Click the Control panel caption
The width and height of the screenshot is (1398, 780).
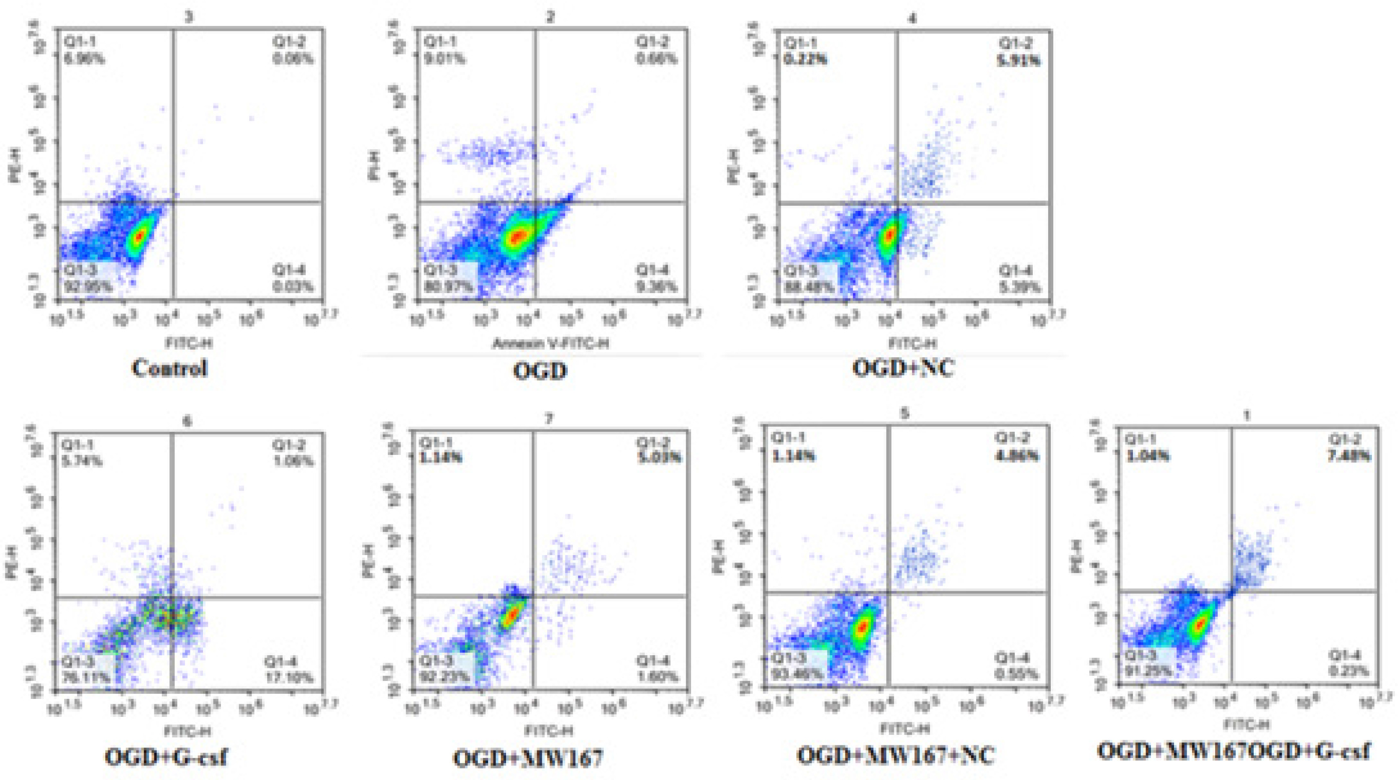click(169, 369)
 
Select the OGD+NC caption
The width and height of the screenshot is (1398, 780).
click(903, 369)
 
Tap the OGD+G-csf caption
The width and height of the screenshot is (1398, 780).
click(165, 756)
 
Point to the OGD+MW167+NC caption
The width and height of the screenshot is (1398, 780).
click(895, 755)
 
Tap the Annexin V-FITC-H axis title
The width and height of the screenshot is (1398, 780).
click(550, 343)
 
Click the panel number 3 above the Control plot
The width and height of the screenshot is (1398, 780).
click(188, 18)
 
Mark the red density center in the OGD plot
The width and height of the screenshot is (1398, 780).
click(517, 236)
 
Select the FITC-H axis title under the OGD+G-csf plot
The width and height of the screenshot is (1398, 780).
click(189, 732)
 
